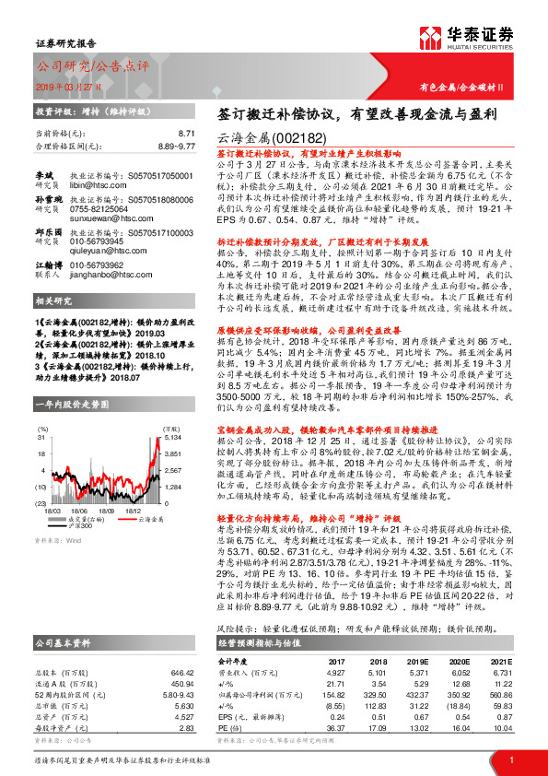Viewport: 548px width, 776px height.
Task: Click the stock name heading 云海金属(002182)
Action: pyautogui.click(x=263, y=135)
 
